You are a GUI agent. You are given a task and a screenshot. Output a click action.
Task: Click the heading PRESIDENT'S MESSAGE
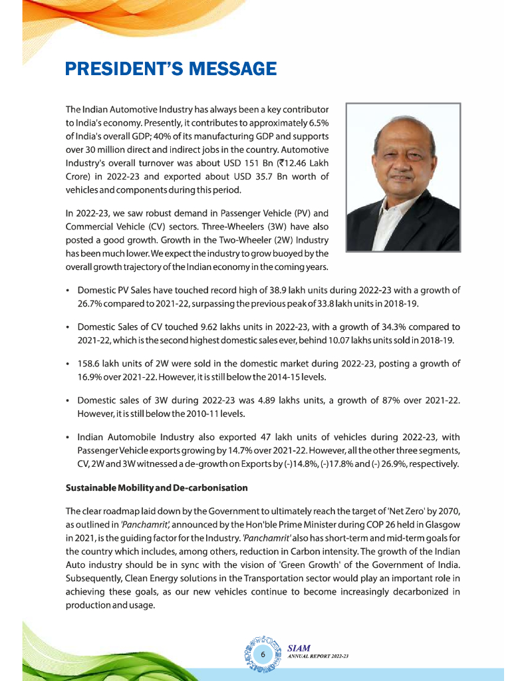point(170,68)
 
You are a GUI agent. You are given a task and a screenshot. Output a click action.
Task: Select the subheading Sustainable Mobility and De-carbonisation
point(156,487)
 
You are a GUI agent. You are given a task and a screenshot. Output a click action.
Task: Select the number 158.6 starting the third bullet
point(90,364)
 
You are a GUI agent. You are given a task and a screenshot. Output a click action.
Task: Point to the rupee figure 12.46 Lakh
point(299,163)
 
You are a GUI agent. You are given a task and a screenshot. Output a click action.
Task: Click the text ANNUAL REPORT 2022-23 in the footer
point(319,656)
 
